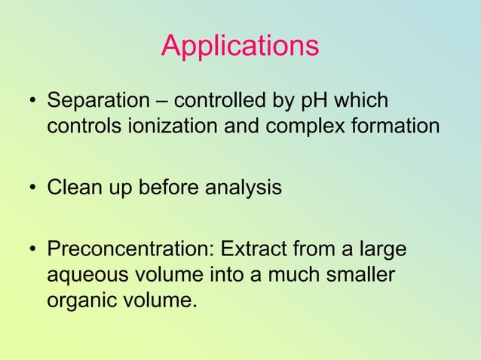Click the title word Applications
240,47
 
